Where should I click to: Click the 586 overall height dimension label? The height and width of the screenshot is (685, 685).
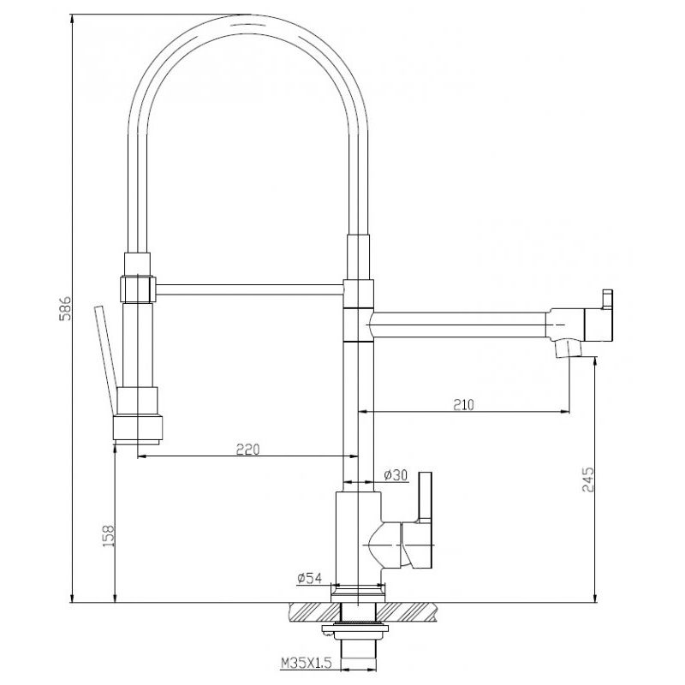click(62, 309)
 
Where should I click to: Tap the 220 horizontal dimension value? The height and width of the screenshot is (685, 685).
click(247, 449)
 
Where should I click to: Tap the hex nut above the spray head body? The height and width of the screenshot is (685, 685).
click(137, 286)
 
